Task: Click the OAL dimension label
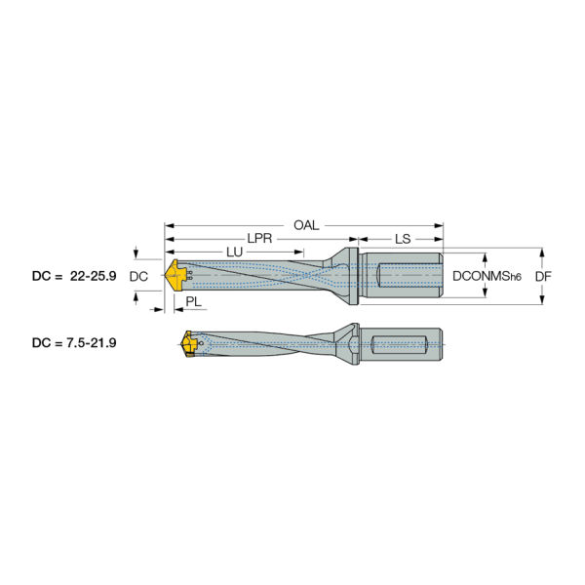click(306, 225)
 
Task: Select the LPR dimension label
click(259, 239)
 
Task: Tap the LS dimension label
click(403, 239)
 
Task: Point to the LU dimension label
click(234, 253)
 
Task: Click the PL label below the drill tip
click(193, 301)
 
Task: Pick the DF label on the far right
click(543, 277)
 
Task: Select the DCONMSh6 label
click(487, 277)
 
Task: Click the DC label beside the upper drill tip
click(138, 277)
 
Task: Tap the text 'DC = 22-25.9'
click(74, 276)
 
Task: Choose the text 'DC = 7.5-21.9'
click(74, 342)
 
